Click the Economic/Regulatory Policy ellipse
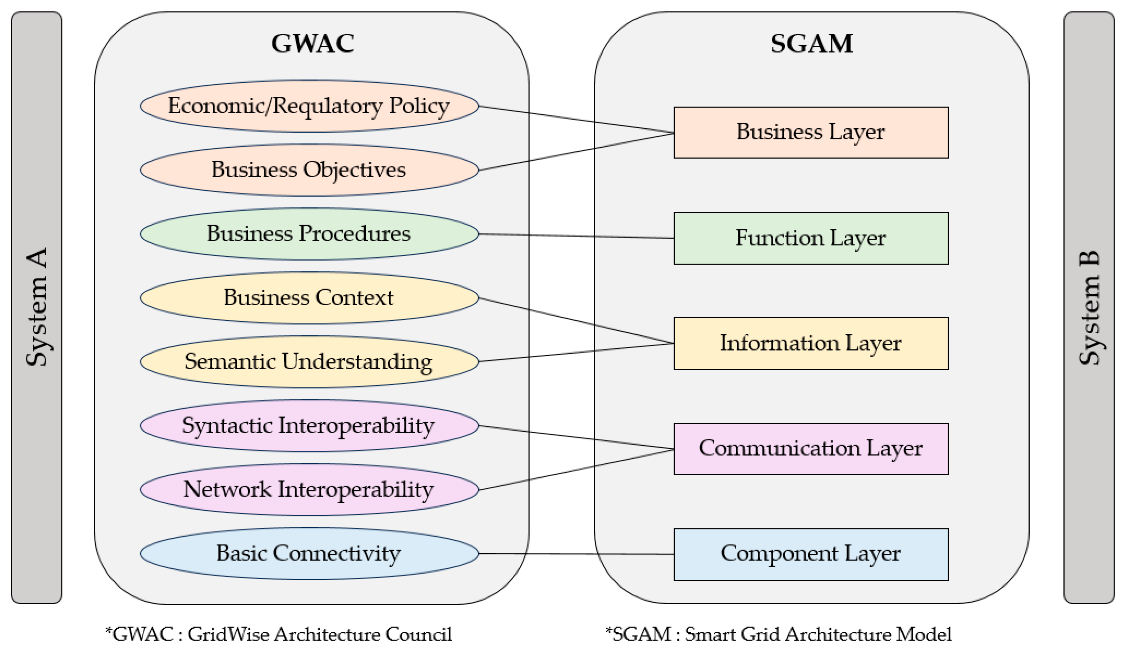click(x=309, y=106)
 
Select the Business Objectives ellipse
click(x=309, y=170)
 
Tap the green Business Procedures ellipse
click(x=309, y=234)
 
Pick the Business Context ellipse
click(x=309, y=298)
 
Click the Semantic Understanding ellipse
click(x=309, y=361)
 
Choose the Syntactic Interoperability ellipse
click(x=309, y=425)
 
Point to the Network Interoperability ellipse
click(x=309, y=489)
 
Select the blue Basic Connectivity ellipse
click(x=309, y=553)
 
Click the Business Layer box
click(x=810, y=132)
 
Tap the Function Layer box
click(x=810, y=238)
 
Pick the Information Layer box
click(x=810, y=343)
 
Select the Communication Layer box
click(x=810, y=449)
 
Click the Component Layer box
click(x=810, y=554)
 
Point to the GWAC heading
click(x=313, y=43)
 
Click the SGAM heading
click(x=811, y=43)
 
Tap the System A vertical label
click(x=36, y=307)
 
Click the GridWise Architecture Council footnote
click(x=279, y=634)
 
